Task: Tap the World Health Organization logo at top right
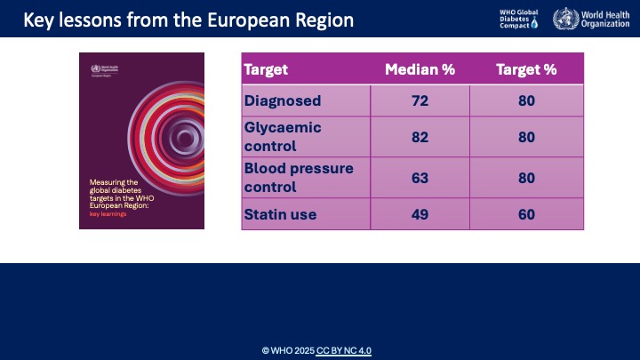(588, 19)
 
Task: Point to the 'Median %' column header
(420, 69)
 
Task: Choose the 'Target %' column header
(526, 69)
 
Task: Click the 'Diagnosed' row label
(282, 100)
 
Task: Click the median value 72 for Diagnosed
(420, 100)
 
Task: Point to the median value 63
(420, 177)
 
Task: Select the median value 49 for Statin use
(420, 214)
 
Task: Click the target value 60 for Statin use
(526, 214)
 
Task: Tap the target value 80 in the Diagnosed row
(526, 100)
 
